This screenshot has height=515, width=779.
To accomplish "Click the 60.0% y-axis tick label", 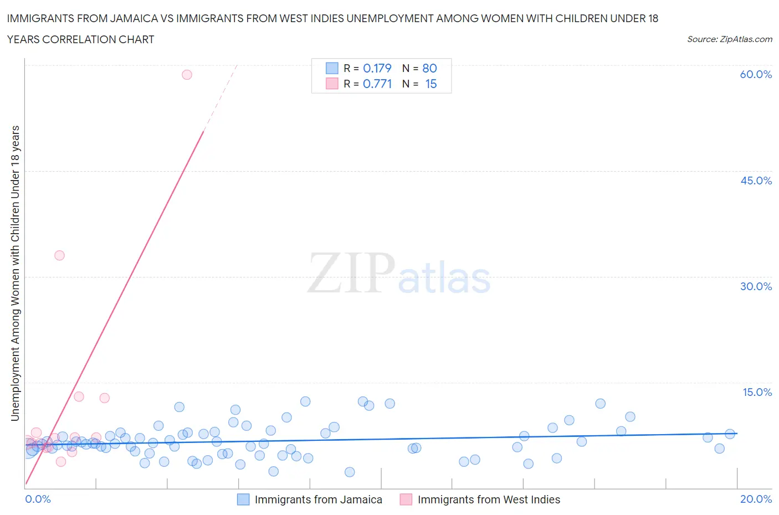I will pyautogui.click(x=755, y=74).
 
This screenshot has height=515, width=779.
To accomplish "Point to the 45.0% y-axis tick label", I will pyautogui.click(x=756, y=181).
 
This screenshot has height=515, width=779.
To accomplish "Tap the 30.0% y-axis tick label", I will pyautogui.click(x=756, y=286).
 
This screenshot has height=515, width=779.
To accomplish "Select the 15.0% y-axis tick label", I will pyautogui.click(x=757, y=392).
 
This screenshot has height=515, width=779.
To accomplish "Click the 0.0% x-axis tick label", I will pyautogui.click(x=38, y=499).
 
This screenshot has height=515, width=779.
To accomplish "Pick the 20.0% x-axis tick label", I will pyautogui.click(x=756, y=499).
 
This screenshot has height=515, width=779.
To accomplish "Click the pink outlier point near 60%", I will pyautogui.click(x=187, y=75).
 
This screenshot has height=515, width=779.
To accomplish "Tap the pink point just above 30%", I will pyautogui.click(x=59, y=255).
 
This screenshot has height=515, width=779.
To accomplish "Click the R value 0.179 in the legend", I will pyautogui.click(x=377, y=68).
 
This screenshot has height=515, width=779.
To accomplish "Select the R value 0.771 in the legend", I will pyautogui.click(x=377, y=84).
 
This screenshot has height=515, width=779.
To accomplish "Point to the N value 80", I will pyautogui.click(x=429, y=68).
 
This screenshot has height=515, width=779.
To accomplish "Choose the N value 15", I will pyautogui.click(x=430, y=84).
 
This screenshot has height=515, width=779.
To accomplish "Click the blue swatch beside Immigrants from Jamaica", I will pyautogui.click(x=243, y=499).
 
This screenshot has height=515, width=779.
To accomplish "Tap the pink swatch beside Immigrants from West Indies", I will pyautogui.click(x=406, y=499).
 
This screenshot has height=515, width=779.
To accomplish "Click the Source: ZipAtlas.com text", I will pyautogui.click(x=729, y=39).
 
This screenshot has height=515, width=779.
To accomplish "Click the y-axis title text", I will pyautogui.click(x=15, y=273).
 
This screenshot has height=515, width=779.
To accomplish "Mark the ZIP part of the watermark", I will pyautogui.click(x=351, y=273).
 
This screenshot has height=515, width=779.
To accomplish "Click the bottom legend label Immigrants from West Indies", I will pyautogui.click(x=489, y=499).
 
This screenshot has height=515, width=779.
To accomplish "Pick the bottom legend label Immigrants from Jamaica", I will pyautogui.click(x=318, y=499).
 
